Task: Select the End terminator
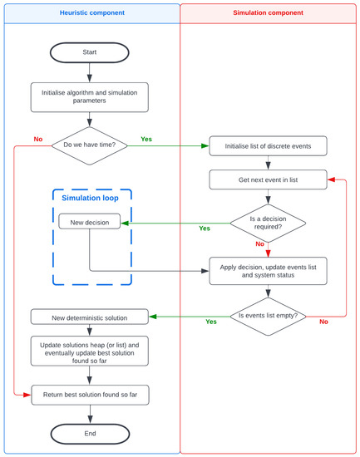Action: pos(90,433)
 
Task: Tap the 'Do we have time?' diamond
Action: pos(90,146)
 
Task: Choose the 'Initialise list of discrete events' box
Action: pos(267,146)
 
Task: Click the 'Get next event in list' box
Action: pos(267,179)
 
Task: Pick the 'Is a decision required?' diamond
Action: pos(267,222)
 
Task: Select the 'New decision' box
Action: pos(89,222)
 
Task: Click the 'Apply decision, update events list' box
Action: pos(267,270)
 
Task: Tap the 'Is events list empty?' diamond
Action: pos(267,316)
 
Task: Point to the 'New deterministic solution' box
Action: pos(90,316)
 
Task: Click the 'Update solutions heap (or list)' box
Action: pos(90,350)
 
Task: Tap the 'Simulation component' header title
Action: pos(268,13)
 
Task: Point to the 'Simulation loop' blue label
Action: pos(90,197)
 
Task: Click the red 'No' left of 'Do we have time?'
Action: pos(38,140)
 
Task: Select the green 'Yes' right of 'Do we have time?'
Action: pos(147,140)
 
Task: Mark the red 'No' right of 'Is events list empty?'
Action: pos(323,321)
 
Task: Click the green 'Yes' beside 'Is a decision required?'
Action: pos(205,228)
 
